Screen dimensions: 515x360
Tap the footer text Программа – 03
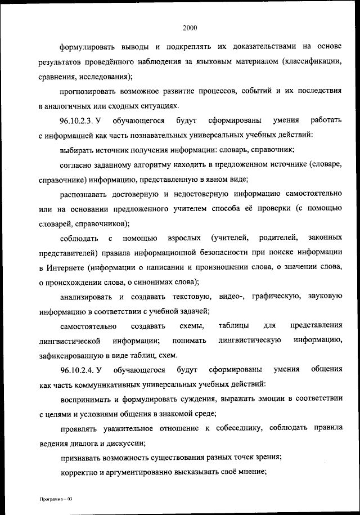pos(53,499)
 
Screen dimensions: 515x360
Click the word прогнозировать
pos(92,90)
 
